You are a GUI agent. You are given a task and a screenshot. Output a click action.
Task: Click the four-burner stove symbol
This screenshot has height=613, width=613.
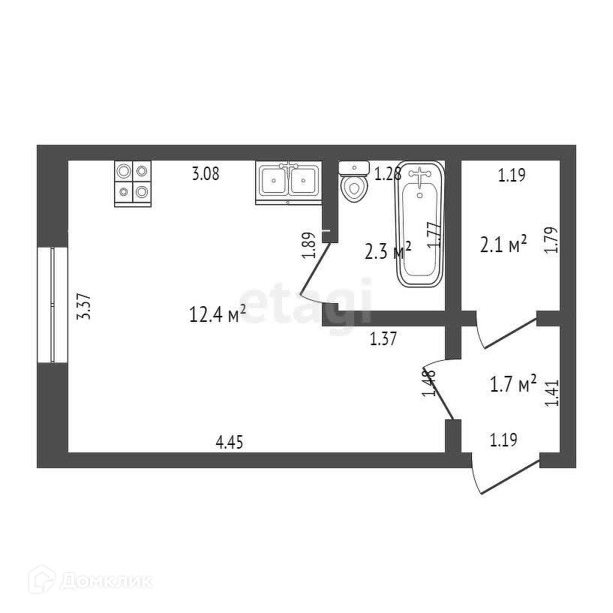pos(134,183)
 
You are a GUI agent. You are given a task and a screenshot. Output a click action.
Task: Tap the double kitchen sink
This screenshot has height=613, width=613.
pos(289,182)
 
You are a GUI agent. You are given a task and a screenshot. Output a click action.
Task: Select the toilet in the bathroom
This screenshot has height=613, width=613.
pos(354,182)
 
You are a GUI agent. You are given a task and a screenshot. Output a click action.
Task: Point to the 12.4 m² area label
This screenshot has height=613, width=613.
pos(217,316)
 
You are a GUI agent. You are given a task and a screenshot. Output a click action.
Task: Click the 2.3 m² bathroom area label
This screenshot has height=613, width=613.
pos(387,251)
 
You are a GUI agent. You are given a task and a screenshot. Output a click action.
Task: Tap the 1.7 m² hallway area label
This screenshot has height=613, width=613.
pos(512,386)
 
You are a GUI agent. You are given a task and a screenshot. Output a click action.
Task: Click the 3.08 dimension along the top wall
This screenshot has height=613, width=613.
pos(206,175)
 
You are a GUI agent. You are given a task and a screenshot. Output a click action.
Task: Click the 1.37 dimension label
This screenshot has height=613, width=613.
pos(383,340)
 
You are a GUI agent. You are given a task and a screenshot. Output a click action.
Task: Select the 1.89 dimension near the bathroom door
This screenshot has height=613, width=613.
pos(308,245)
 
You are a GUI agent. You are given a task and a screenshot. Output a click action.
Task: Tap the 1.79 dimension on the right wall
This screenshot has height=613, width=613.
pos(551,240)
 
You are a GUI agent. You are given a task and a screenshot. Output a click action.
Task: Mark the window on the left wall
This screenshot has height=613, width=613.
pos(53,305)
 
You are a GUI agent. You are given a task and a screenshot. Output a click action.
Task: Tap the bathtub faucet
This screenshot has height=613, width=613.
pos(419,176)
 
